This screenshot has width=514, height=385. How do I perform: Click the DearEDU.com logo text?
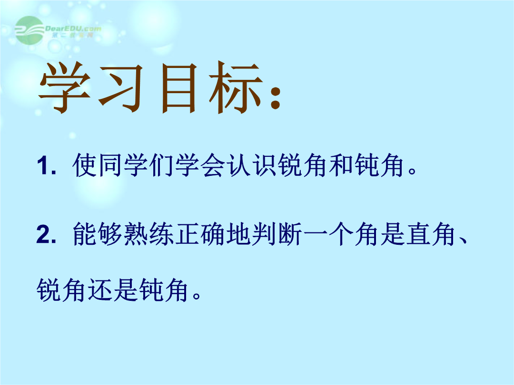[x=73, y=29]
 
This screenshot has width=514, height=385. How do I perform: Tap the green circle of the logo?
[x=30, y=30]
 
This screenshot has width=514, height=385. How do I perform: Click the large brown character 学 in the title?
[x=65, y=87]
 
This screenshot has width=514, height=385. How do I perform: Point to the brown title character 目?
[x=179, y=88]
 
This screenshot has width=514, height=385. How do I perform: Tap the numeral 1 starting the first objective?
[x=43, y=165]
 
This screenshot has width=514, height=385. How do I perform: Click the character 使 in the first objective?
[x=85, y=165]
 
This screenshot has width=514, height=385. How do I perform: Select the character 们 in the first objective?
[x=162, y=165]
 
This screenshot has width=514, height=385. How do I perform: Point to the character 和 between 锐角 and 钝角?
[x=341, y=165]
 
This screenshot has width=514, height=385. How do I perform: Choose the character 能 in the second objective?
[x=85, y=234]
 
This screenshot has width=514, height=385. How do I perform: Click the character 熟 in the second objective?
[x=136, y=234]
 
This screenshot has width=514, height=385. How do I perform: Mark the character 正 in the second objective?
[x=188, y=234]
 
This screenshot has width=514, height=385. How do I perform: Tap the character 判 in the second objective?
[x=264, y=234]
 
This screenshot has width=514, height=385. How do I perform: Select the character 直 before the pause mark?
[x=418, y=234]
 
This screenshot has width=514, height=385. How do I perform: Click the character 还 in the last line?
[x=99, y=290]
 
